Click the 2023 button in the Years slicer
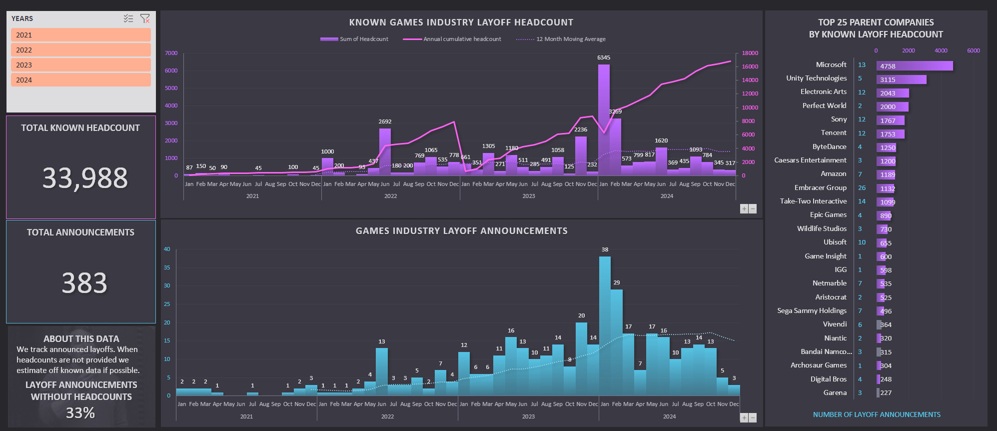point(80,65)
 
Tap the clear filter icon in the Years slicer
point(145,18)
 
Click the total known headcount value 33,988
point(85,178)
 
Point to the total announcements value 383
point(84,283)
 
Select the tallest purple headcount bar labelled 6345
point(604,120)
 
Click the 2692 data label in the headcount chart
point(385,121)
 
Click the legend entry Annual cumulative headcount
point(462,39)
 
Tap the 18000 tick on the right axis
point(750,53)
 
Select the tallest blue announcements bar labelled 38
point(605,325)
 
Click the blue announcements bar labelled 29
point(617,342)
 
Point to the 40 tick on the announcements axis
point(167,249)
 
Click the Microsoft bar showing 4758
point(915,66)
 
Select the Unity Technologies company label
point(816,78)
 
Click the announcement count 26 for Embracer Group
point(862,188)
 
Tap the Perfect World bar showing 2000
point(892,106)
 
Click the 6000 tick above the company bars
point(973,50)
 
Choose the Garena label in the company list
point(835,392)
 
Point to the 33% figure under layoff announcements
point(80,413)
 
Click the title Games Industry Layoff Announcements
point(461,231)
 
